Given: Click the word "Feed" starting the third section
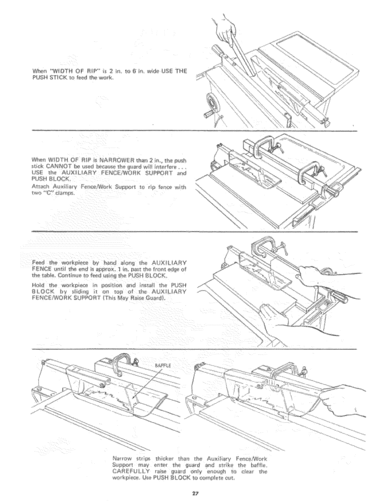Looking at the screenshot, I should click(x=39, y=263).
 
